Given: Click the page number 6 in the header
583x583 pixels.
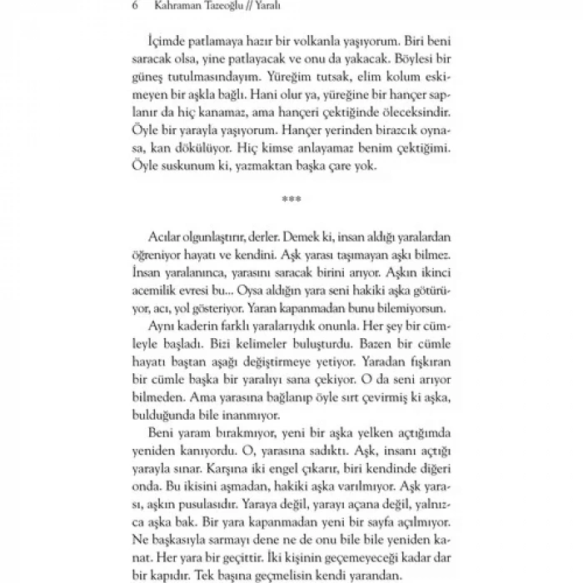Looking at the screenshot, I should click(135, 7).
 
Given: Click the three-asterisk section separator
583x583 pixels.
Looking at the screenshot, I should click(291, 201).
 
